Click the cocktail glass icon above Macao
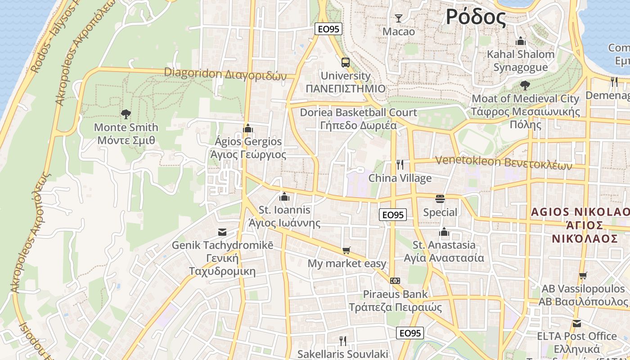[x=398, y=18]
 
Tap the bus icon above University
[x=345, y=63]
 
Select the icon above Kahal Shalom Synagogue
[x=521, y=41]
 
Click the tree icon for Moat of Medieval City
[x=525, y=85]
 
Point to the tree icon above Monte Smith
[x=126, y=114]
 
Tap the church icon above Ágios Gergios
[x=247, y=128]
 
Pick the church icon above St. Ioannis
[x=284, y=197]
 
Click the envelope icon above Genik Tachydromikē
[x=222, y=232]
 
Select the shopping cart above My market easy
[x=346, y=250]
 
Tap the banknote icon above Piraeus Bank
[x=395, y=281]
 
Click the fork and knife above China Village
[x=400, y=165]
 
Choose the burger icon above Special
[x=440, y=198]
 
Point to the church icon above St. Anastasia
[x=444, y=232]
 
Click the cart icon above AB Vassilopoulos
[x=583, y=275]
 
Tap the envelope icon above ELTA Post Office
[x=576, y=323]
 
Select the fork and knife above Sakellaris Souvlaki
[x=343, y=341]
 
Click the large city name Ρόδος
[x=476, y=17]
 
